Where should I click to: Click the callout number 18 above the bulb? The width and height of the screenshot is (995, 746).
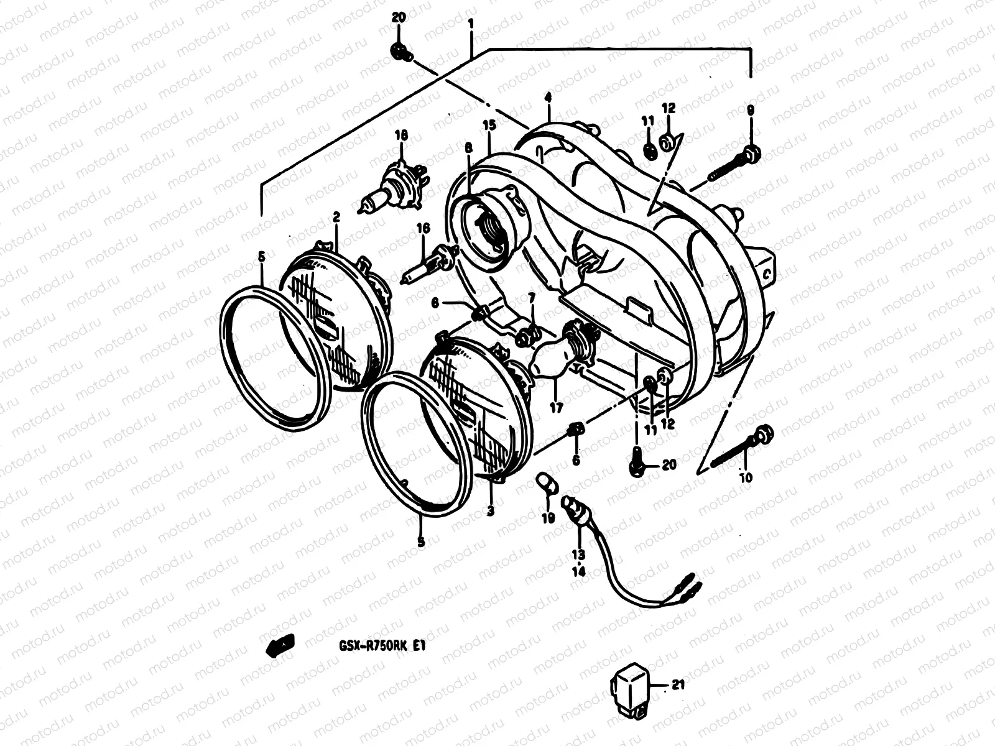400,135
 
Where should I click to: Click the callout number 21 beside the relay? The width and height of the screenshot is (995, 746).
678,686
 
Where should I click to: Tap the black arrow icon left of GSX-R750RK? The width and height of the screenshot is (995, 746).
280,646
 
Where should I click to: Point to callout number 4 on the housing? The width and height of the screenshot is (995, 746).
548,98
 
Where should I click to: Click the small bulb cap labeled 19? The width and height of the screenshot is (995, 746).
547,482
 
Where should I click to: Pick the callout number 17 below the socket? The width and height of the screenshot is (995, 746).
555,408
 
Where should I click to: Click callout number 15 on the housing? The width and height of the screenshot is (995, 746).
489,125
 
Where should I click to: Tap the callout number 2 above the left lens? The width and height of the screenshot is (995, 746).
336,217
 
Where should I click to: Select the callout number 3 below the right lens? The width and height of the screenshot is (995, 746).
491,511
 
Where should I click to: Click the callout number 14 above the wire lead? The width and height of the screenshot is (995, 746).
578,571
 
